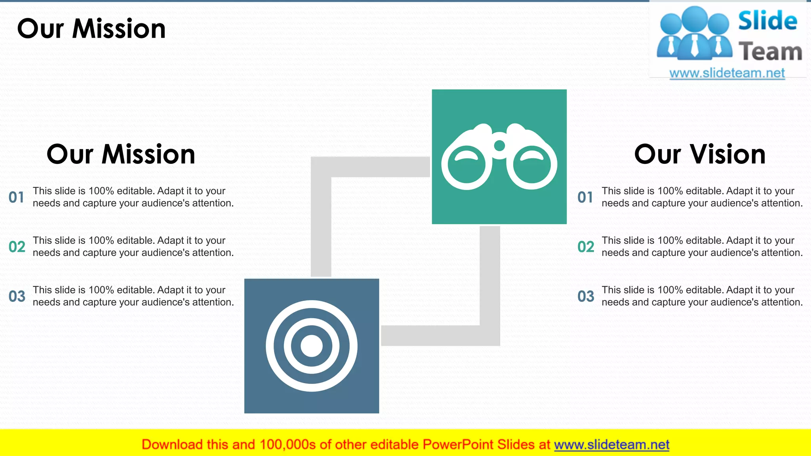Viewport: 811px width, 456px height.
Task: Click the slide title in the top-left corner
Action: (91, 29)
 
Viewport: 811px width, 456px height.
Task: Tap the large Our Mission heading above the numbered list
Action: (121, 154)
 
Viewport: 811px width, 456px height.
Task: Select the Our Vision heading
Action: (700, 154)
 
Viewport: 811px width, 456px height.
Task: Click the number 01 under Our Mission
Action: (16, 197)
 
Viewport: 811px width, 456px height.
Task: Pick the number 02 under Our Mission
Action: (17, 247)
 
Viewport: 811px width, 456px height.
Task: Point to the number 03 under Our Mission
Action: (17, 296)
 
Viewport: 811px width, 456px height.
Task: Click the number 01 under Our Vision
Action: (585, 197)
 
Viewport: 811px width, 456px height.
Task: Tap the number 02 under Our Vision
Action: (586, 247)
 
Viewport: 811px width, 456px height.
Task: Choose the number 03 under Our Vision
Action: (586, 296)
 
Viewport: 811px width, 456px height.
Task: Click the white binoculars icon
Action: (499, 156)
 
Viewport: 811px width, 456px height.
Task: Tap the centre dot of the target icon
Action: (312, 346)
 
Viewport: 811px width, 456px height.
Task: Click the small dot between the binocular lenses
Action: (500, 146)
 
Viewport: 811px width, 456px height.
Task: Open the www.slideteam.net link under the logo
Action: (727, 73)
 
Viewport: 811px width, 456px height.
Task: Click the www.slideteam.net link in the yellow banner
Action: (611, 445)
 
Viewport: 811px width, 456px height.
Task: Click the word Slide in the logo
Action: (767, 21)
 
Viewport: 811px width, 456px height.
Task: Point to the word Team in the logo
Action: (770, 52)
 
